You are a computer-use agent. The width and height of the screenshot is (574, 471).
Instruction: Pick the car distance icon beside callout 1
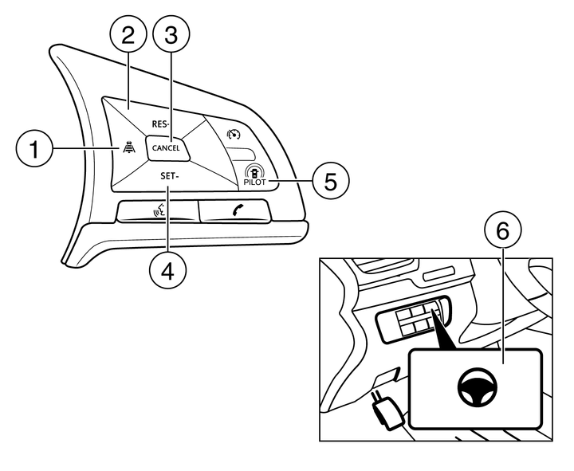coord(128,147)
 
